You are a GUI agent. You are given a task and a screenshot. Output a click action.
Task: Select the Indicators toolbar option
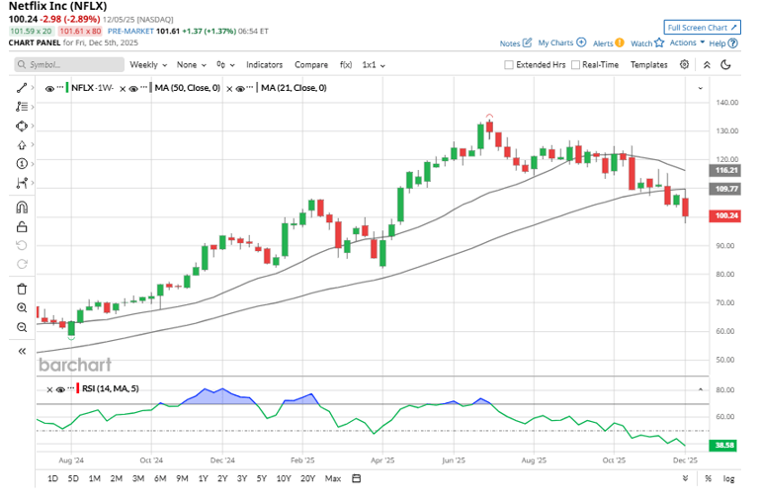[x=264, y=64]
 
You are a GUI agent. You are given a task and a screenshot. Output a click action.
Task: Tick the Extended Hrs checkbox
[x=509, y=64]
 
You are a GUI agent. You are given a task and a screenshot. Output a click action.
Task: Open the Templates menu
[x=648, y=64]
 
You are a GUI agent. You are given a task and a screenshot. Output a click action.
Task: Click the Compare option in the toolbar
[x=311, y=64]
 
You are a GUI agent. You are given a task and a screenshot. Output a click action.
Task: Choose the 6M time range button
[x=159, y=478]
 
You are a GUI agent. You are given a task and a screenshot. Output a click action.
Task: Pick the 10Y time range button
[x=283, y=478]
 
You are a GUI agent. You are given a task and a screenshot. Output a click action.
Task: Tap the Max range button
[x=332, y=478]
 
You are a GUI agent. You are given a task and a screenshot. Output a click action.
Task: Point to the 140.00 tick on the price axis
[x=728, y=102]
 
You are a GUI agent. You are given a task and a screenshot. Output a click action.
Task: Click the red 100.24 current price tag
[x=725, y=216]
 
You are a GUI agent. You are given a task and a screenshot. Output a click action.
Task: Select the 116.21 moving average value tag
[x=725, y=170]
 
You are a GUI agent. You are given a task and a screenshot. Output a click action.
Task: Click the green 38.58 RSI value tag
[x=725, y=446]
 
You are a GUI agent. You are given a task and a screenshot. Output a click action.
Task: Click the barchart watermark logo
[x=74, y=365]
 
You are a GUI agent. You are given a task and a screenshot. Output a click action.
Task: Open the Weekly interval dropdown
[x=148, y=64]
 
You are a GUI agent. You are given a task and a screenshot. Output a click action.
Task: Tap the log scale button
[x=728, y=478]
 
